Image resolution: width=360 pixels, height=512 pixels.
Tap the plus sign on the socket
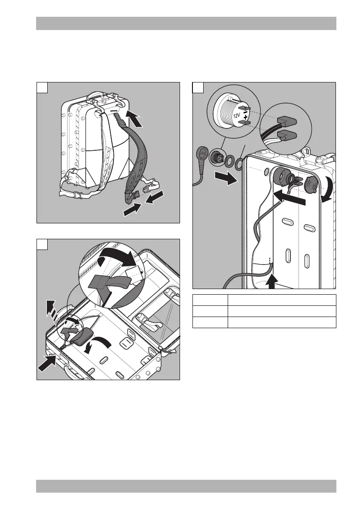tap(245, 116)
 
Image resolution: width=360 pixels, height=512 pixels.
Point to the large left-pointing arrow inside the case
tap(290, 198)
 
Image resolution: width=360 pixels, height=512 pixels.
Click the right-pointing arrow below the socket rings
tap(226, 177)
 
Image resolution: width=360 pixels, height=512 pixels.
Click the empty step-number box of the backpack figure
tap(42, 87)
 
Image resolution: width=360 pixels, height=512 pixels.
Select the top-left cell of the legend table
tap(210, 300)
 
